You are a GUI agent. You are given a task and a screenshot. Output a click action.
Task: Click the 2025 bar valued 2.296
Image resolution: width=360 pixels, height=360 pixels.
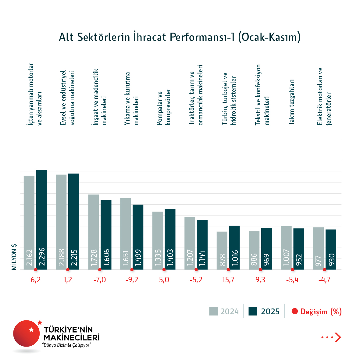point(41,219)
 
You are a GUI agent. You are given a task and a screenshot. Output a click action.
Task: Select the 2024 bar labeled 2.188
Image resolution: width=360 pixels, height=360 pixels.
point(61,222)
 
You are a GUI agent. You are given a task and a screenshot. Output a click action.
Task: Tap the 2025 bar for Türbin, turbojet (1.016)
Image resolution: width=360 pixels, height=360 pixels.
point(234,248)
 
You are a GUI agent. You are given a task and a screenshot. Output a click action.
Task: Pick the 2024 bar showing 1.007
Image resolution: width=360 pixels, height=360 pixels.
point(286,248)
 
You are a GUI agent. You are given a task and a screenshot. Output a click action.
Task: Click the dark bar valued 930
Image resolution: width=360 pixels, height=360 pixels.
point(331,249)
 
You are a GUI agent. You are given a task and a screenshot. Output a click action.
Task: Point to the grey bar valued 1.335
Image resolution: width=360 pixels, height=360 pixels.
point(158,241)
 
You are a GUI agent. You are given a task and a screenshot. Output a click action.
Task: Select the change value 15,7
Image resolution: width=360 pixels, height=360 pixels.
point(228,280)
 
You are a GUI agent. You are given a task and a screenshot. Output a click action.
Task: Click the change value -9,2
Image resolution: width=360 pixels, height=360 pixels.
point(132,280)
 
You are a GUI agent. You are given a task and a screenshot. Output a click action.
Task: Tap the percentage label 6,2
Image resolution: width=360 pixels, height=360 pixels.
point(35,280)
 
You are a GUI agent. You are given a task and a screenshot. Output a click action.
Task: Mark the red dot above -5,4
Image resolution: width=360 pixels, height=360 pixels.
point(292,270)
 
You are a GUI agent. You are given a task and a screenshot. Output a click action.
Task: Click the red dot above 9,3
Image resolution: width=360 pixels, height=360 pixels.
point(260,270)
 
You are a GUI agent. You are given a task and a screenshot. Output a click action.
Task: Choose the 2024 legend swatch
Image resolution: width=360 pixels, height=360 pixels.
point(213,311)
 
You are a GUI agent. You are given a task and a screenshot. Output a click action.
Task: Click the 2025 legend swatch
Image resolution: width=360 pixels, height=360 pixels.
point(253,311)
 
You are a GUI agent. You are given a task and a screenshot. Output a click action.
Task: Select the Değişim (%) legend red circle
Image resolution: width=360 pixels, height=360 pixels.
point(294,311)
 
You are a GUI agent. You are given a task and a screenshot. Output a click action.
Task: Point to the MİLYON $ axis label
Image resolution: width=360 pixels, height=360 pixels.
point(14,257)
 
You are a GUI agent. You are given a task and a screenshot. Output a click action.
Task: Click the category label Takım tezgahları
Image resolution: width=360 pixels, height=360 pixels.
point(291,102)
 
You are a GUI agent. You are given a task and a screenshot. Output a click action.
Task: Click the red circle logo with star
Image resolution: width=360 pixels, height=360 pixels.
point(27,333)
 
